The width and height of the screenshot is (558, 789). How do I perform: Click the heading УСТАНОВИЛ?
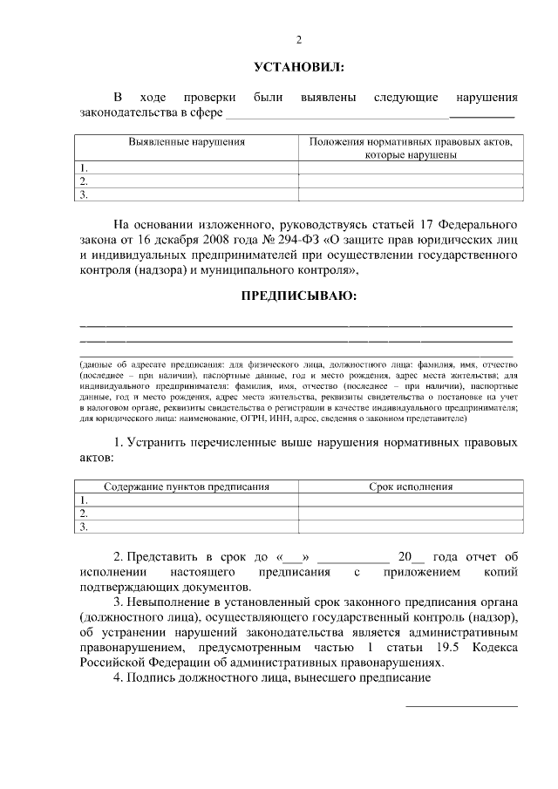[298, 67]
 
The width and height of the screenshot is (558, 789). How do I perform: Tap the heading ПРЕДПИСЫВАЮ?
[298, 296]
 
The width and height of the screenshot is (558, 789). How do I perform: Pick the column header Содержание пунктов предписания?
[187, 486]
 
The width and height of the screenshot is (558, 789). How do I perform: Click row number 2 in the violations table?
[84, 181]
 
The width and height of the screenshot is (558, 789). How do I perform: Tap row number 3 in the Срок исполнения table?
[84, 527]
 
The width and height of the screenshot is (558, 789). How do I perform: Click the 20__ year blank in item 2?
[409, 556]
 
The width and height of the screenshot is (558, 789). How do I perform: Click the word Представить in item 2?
[162, 556]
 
